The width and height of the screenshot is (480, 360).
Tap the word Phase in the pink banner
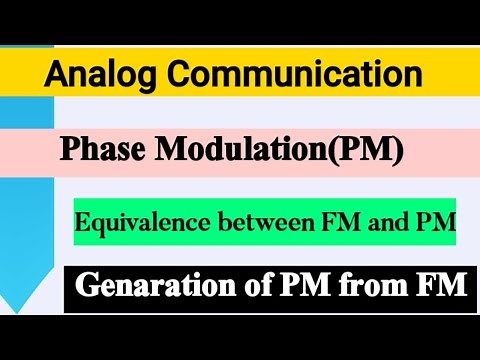101,150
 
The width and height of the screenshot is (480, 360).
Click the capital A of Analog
56,74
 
